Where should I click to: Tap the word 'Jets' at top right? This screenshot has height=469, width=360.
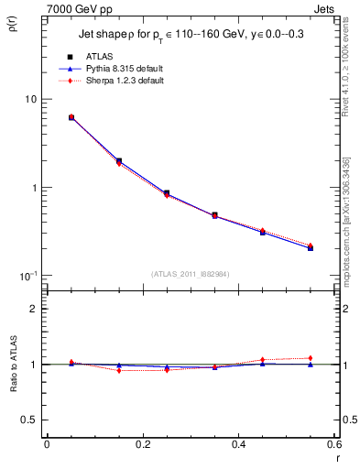325,7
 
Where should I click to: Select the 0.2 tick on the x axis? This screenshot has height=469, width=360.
142,444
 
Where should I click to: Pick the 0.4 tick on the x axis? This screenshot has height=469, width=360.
238,444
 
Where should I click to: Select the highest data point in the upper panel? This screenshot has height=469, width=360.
71,117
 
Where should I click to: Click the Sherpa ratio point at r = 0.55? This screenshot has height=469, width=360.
311,358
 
